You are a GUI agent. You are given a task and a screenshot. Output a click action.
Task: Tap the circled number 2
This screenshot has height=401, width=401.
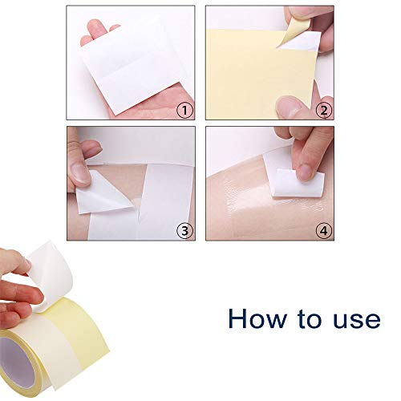pos(323,111)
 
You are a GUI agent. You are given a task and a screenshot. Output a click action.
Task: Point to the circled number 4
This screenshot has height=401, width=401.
pos(323,231)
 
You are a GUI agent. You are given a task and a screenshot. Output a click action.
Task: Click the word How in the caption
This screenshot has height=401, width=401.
pos(257,318)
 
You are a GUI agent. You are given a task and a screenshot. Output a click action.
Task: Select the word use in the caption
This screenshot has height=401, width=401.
pos(351,318)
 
